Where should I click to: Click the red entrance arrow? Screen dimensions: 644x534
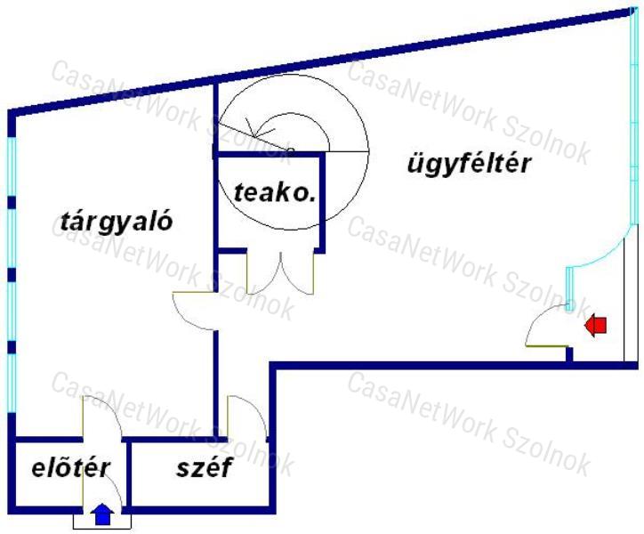(596, 325)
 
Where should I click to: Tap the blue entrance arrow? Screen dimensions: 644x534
(102, 514)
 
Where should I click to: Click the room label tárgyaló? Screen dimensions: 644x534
(117, 222)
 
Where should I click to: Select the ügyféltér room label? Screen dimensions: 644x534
(470, 164)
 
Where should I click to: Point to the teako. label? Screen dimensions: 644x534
(275, 192)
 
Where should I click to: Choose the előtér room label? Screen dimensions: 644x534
(71, 467)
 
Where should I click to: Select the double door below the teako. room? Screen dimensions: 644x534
(280, 272)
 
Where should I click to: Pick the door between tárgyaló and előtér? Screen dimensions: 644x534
(102, 417)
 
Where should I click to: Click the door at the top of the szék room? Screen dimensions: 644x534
(247, 417)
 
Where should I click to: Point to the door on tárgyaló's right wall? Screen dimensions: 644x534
(194, 311)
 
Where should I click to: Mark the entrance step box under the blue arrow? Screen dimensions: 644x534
(102, 522)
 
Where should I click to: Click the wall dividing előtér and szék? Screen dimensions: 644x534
(129, 474)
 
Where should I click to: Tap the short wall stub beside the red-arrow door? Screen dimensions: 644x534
(569, 354)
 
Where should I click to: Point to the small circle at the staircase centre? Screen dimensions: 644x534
(290, 150)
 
